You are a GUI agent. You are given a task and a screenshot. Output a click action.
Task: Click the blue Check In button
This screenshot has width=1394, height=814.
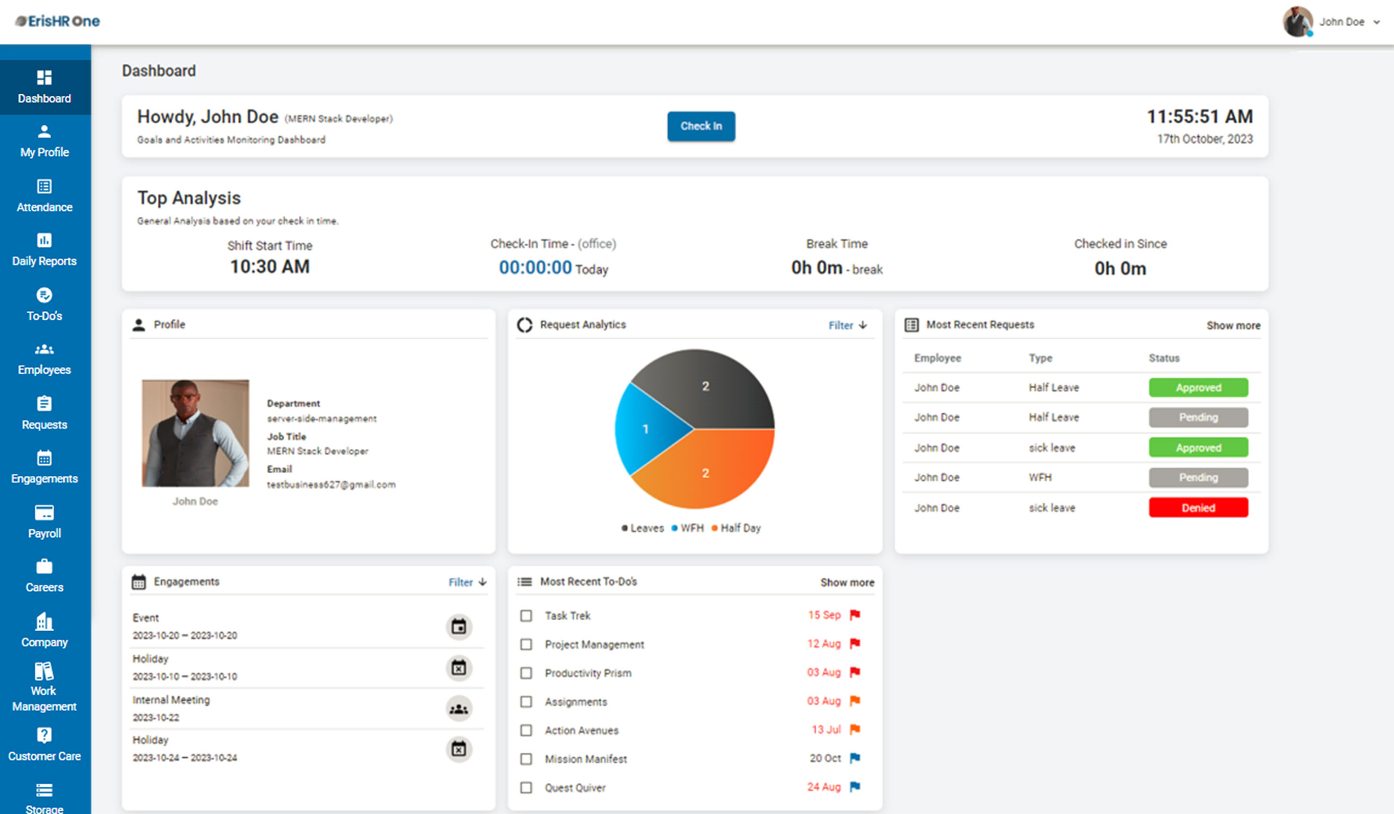pyautogui.click(x=701, y=126)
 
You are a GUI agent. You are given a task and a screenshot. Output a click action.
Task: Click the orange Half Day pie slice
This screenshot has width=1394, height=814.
pyautogui.click(x=705, y=473)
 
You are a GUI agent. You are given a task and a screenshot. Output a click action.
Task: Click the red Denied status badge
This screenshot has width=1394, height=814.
pyautogui.click(x=1197, y=507)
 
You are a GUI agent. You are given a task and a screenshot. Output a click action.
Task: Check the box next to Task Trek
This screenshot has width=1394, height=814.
pyautogui.click(x=526, y=615)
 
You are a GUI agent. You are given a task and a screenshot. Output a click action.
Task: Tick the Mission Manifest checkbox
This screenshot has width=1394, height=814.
pyautogui.click(x=526, y=758)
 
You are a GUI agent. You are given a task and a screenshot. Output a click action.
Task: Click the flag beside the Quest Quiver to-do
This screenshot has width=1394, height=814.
pyautogui.click(x=855, y=786)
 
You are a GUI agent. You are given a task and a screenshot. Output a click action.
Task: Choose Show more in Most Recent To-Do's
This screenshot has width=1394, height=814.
pyautogui.click(x=847, y=582)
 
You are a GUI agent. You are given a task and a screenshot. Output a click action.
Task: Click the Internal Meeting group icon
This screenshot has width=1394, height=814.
pyautogui.click(x=458, y=709)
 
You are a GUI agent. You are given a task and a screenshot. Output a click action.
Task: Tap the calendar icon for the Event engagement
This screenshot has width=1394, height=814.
pyautogui.click(x=458, y=627)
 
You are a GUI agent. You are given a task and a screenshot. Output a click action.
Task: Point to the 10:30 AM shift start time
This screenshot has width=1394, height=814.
pyautogui.click(x=270, y=267)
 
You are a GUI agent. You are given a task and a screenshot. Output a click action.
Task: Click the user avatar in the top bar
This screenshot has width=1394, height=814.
pyautogui.click(x=1297, y=22)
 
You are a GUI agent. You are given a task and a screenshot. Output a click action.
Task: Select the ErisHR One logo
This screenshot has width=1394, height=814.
pyautogui.click(x=58, y=21)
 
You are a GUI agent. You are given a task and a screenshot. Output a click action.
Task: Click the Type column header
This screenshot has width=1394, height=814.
pyautogui.click(x=1040, y=358)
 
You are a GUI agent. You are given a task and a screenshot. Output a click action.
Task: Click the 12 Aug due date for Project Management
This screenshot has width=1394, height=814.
pyautogui.click(x=823, y=644)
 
